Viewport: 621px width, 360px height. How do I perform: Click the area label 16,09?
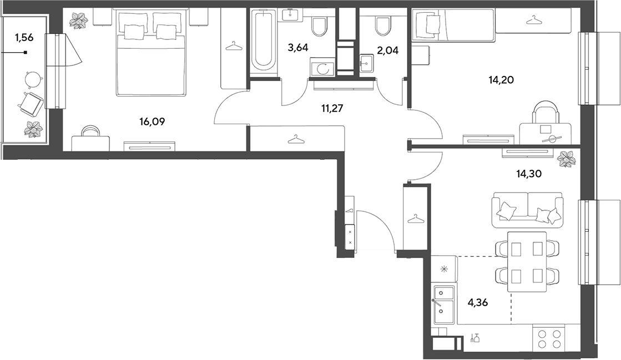pos(152,122)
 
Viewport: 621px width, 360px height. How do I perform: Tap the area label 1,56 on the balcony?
pos(24,38)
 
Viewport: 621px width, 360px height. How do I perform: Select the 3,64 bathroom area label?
pos(298,48)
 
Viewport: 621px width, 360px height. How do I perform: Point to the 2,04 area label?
pos(388,50)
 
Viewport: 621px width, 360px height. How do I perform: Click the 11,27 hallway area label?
pos(332,108)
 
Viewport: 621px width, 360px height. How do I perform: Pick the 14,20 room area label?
pos(501,80)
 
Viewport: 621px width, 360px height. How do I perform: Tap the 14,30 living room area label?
pos(529,174)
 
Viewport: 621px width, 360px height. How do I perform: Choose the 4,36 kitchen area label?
pos(478,303)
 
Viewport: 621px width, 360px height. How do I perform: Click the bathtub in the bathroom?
pos(264,41)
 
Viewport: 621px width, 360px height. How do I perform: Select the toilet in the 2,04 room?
pos(382,26)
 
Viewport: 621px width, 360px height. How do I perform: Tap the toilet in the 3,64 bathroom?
pos(320,26)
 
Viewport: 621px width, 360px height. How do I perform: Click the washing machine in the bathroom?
pos(321,68)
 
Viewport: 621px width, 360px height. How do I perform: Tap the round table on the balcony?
pos(33,79)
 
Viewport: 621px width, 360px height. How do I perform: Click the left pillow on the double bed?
pos(134,32)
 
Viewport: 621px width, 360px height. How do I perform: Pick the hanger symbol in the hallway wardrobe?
pos(296,139)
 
